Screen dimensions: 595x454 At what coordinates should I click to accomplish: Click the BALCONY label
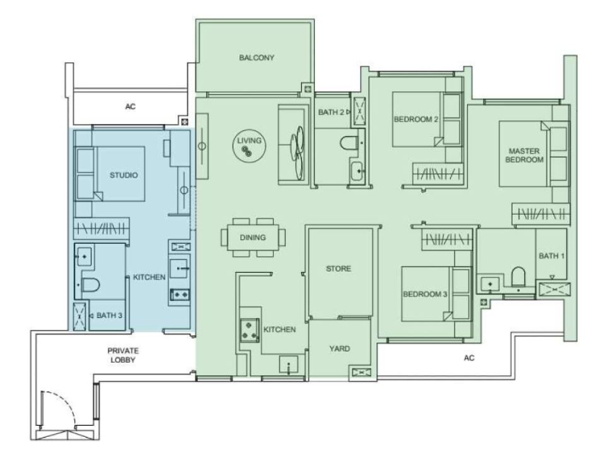point(256,58)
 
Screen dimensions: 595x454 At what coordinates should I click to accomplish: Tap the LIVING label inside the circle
point(249,140)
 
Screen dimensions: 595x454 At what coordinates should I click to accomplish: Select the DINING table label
point(252,238)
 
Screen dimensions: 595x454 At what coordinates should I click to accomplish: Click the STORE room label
point(338,269)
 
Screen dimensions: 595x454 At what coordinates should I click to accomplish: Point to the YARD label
point(339,348)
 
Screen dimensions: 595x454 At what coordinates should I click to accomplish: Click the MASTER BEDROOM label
point(524,155)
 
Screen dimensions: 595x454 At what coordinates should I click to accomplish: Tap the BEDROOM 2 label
point(416,120)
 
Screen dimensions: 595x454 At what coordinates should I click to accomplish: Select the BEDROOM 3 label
point(425,294)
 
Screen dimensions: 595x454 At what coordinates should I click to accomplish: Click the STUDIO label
point(123,175)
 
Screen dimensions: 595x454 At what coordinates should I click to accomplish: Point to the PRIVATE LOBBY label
point(123,355)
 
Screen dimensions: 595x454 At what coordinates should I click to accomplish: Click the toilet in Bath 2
point(349,143)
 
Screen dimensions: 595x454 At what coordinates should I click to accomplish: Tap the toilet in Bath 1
point(518,276)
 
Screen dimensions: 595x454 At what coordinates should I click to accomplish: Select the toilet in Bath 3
point(91,285)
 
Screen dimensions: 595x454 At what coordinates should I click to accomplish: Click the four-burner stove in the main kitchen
point(249,331)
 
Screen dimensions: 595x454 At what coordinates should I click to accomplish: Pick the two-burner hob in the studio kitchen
point(179,294)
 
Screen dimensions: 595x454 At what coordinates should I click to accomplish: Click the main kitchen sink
point(289,365)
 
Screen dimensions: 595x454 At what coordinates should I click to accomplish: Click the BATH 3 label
point(109,315)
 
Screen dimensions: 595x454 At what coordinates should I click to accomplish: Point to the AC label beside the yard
point(469,357)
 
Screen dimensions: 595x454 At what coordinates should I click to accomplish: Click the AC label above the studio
point(130,106)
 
